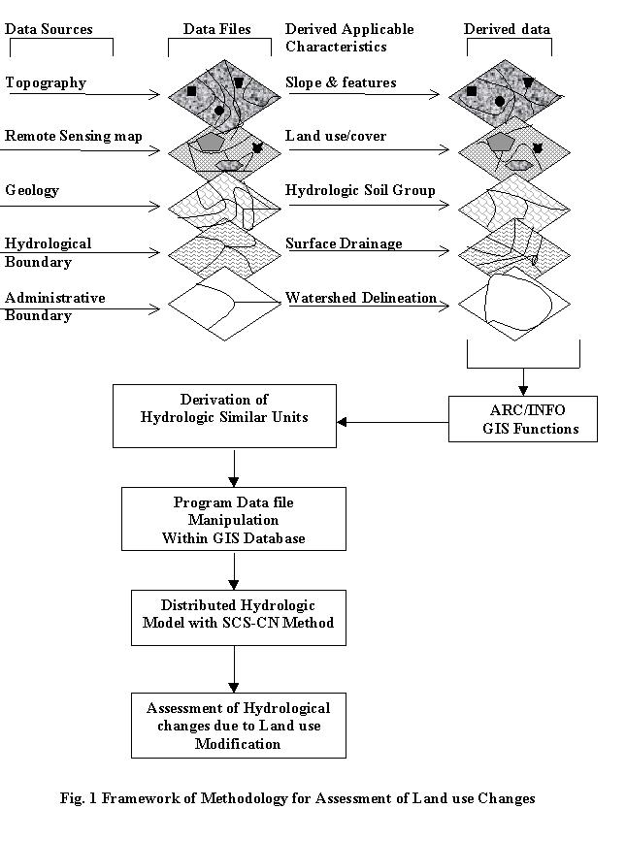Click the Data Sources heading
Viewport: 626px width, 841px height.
pyautogui.click(x=49, y=29)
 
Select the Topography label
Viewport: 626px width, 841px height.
pyautogui.click(x=46, y=82)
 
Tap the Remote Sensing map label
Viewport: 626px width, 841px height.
pyautogui.click(x=74, y=136)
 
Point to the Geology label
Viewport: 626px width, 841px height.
pyautogui.click(x=32, y=190)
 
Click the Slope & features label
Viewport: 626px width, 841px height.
pyautogui.click(x=341, y=82)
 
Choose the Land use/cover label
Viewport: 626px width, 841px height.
pyautogui.click(x=336, y=136)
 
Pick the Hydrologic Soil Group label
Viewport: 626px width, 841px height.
pyautogui.click(x=360, y=190)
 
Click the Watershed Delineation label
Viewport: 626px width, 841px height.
pyautogui.click(x=361, y=298)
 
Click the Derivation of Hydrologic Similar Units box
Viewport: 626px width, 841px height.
pyautogui.click(x=225, y=416)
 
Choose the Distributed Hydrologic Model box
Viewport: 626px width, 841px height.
pyautogui.click(x=238, y=614)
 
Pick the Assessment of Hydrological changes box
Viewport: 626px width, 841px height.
pyautogui.click(x=238, y=726)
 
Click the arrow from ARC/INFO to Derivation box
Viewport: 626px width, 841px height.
pyautogui.click(x=392, y=421)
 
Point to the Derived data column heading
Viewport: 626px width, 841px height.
pyautogui.click(x=507, y=29)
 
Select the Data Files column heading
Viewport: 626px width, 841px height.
pyautogui.click(x=217, y=29)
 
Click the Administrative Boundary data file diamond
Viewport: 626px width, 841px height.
pyautogui.click(x=224, y=306)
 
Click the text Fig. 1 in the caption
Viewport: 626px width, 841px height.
pyautogui.click(x=73, y=798)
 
